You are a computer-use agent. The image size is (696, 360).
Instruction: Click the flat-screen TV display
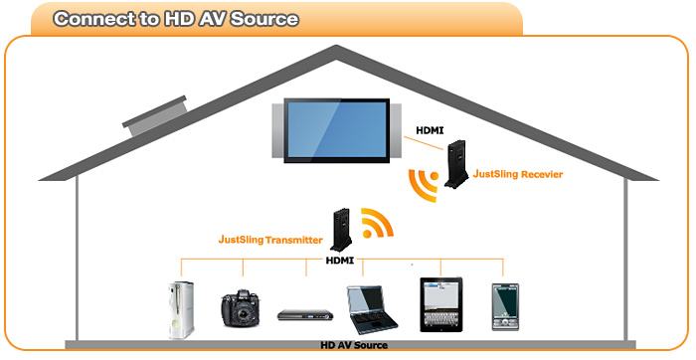point(336,130)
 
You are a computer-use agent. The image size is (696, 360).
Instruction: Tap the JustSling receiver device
point(456,164)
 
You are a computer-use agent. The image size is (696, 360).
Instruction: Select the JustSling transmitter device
point(341,230)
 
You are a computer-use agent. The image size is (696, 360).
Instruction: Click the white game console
point(181,310)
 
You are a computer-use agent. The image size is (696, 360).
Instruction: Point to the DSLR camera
point(241,308)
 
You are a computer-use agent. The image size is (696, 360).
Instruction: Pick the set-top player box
point(305,314)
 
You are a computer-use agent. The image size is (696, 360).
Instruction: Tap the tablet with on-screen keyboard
point(440,304)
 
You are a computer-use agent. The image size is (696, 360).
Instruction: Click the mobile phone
point(505,306)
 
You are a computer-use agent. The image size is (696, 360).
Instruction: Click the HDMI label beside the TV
point(430,130)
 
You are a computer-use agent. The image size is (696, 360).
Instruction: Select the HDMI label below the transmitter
point(340,261)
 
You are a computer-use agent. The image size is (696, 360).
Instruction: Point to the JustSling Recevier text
point(518,174)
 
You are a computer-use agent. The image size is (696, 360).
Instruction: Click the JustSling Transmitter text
point(270,240)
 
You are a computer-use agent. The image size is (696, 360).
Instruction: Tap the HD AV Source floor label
point(354,345)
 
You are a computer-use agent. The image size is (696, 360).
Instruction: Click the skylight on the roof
point(155,115)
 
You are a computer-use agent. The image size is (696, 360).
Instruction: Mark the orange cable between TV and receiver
point(423,142)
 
